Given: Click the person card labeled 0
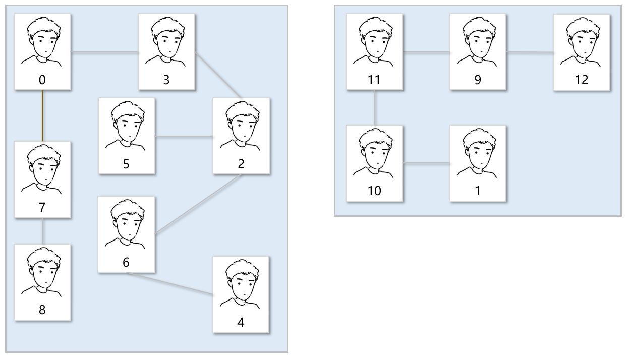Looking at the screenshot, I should [42, 51].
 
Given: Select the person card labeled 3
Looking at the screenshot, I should [167, 51].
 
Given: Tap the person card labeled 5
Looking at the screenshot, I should [127, 136].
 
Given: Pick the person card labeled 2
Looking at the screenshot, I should [241, 136].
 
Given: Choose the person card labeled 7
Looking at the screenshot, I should [42, 179].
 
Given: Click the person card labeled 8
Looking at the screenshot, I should [42, 282].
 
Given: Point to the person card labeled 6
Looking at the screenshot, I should [127, 234].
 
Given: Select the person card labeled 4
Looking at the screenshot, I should [241, 294].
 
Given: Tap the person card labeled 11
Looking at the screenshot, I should [375, 51].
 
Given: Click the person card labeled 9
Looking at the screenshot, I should [478, 51].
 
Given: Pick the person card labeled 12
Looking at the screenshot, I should [582, 51].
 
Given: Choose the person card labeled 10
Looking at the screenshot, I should [375, 163].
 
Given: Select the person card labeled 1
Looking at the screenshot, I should [478, 163].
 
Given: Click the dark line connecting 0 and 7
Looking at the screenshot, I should [42, 115].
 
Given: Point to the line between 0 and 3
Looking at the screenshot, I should [104, 52].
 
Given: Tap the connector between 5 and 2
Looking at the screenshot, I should [184, 136].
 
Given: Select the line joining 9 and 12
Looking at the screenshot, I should [530, 52].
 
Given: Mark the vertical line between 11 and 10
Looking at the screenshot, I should [375, 107].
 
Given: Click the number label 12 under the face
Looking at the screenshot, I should [582, 80].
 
